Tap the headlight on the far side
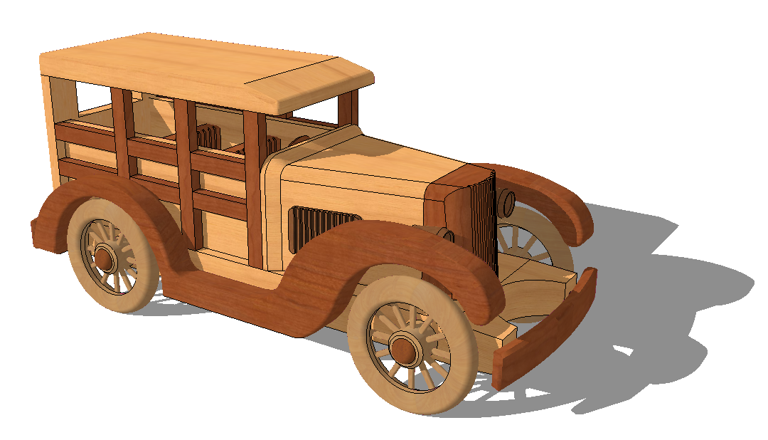(507, 203)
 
